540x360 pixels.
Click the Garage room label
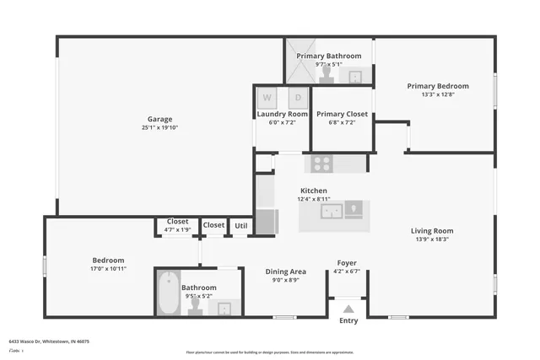coord(159,119)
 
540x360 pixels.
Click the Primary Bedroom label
coord(437,86)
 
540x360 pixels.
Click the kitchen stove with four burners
coord(322,164)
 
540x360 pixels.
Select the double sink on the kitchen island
coord(333,211)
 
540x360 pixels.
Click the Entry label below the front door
coord(348,320)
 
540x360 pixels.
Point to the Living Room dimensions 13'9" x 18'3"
coord(432,239)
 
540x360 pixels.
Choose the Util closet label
coord(241,225)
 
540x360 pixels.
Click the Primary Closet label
coord(342,114)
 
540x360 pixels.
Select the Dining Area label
coord(286,271)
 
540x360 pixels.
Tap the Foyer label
coord(347,262)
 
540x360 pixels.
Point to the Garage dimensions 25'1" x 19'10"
coord(159,128)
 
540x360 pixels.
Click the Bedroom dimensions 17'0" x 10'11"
coord(108,269)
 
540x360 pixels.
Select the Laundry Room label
coord(282,114)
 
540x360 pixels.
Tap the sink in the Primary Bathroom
coord(355,76)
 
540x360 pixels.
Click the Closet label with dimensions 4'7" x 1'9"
coord(177,222)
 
